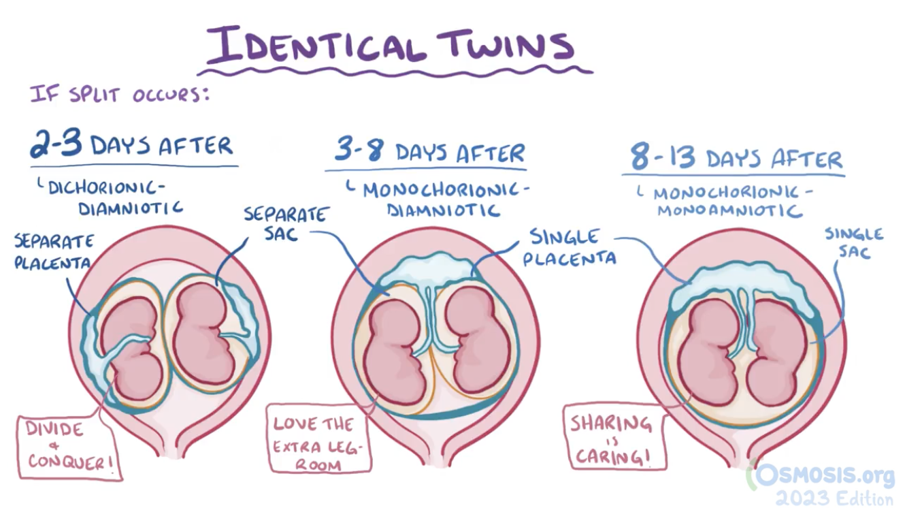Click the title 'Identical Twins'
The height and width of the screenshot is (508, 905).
391,45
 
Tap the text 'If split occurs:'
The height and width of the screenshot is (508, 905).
119,94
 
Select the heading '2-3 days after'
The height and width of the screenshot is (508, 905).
131,146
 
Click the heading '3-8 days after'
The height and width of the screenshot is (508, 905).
429,152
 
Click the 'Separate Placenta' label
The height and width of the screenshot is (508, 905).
53,251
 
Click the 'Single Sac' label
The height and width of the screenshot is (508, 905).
854,242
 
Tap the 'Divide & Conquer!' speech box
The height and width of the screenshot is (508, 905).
67,445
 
